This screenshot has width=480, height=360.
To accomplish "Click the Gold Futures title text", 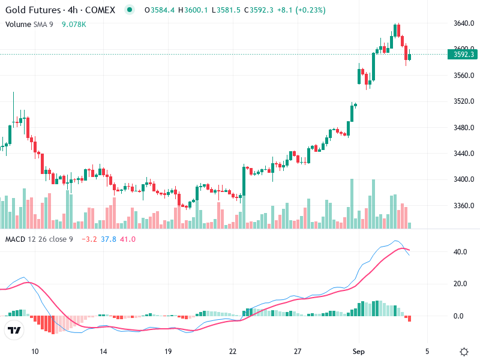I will tap(33, 10).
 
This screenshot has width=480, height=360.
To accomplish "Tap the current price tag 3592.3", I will tap(464, 55).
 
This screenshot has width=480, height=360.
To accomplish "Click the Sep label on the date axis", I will tap(359, 351).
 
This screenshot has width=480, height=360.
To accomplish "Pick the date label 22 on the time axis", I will tap(233, 351).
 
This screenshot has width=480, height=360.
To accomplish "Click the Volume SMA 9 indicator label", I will tap(30, 24).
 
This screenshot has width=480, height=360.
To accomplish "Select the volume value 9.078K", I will tap(74, 24).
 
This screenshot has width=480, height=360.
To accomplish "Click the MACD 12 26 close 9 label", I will tap(39, 239).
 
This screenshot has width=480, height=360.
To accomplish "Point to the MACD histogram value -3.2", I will tap(88, 239).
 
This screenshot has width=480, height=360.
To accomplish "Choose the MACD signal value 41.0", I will tap(128, 239).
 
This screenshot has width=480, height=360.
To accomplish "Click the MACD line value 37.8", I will tap(109, 239).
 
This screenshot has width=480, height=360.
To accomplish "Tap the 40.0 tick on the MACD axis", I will tap(461, 252).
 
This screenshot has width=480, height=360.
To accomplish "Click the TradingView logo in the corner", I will tap(14, 330).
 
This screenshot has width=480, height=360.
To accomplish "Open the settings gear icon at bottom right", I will tap(464, 351).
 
